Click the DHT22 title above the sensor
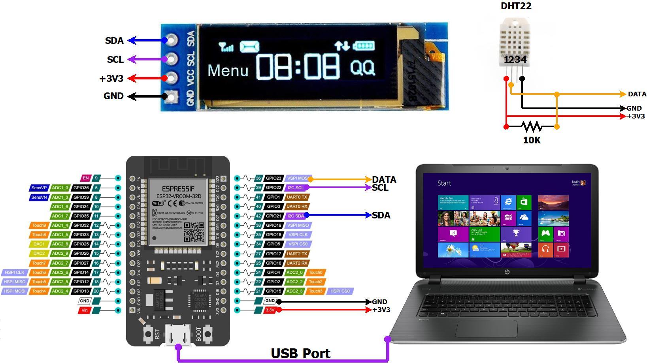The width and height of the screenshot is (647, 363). (x=516, y=6)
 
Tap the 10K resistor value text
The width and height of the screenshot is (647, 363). (x=532, y=140)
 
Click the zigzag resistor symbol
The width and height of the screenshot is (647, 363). (x=532, y=126)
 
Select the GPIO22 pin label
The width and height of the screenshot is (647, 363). (x=273, y=188)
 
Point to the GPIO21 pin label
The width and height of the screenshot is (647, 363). (x=273, y=216)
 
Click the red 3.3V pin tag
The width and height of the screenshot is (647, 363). (x=270, y=310)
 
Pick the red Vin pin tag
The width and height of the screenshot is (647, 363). (x=84, y=310)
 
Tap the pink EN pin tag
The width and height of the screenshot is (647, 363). (x=85, y=178)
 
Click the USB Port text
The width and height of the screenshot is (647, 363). (x=300, y=353)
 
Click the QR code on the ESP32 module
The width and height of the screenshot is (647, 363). (x=194, y=232)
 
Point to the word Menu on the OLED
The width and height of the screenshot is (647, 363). (x=228, y=70)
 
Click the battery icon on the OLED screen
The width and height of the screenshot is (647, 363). (x=364, y=46)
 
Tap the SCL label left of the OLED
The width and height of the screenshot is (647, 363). (x=115, y=60)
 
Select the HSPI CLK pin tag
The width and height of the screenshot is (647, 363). (x=15, y=273)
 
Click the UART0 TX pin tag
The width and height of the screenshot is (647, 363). (x=296, y=197)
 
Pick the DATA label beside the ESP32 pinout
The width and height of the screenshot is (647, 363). (x=384, y=180)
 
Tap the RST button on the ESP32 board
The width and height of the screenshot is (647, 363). (x=148, y=334)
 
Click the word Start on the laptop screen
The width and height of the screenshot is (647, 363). (x=444, y=183)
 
